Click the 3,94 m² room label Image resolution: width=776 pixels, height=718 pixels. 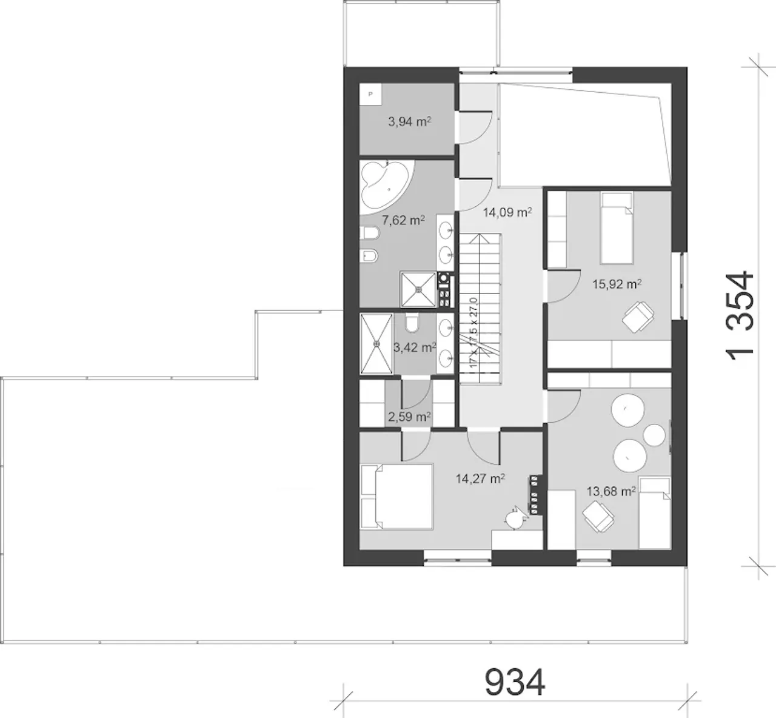click(x=409, y=122)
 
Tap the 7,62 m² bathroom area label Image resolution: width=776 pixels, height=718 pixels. click(x=403, y=221)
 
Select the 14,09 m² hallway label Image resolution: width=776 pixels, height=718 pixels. click(x=507, y=213)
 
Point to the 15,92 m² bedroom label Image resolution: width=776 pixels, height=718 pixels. click(x=617, y=284)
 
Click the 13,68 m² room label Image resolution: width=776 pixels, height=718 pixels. click(x=611, y=491)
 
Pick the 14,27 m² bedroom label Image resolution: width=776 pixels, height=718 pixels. click(x=481, y=478)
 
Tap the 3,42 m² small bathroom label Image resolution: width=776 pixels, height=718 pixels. click(x=415, y=347)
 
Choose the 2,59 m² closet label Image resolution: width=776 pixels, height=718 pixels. click(x=409, y=417)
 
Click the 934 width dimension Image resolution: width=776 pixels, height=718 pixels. click(x=515, y=682)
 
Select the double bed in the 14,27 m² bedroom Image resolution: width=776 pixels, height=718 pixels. click(x=396, y=497)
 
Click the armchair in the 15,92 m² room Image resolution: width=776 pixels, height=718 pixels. click(x=638, y=317)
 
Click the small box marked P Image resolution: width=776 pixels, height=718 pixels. click(x=370, y=94)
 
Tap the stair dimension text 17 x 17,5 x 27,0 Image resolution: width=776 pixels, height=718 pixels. click(x=473, y=332)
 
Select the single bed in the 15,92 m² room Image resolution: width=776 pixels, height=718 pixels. click(x=617, y=228)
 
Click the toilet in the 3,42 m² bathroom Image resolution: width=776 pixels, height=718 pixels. click(x=412, y=323)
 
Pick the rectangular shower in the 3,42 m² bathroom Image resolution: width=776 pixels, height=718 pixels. click(x=376, y=344)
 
